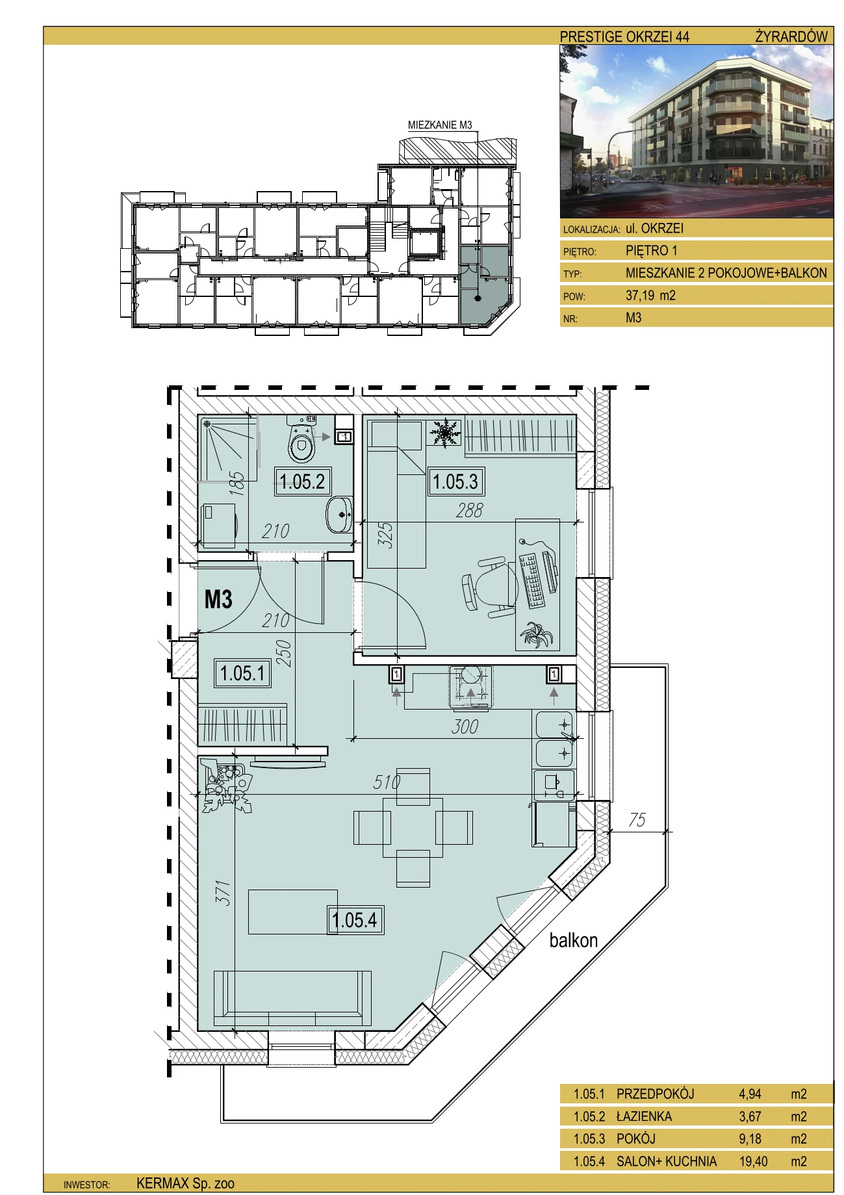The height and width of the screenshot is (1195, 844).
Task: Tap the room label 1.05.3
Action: [455, 482]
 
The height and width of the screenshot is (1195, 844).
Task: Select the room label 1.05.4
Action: [355, 920]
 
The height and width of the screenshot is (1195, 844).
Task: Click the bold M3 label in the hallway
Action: [218, 598]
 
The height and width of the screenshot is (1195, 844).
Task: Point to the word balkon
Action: [573, 940]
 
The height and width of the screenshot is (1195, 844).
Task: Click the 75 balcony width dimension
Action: [637, 819]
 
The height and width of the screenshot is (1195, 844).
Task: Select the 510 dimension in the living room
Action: [387, 782]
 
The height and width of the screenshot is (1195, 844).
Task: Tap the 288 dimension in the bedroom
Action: [469, 510]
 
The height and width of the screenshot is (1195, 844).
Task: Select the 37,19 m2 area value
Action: [650, 295]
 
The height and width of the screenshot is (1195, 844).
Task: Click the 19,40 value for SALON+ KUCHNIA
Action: [753, 1161]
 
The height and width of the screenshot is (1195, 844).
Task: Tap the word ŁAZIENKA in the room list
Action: [645, 1116]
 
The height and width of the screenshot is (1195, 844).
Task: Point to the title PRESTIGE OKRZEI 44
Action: [624, 36]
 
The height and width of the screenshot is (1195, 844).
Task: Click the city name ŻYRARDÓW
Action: [791, 36]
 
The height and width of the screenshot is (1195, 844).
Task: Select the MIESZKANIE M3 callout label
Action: [440, 125]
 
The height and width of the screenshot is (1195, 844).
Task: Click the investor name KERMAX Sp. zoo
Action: [185, 1183]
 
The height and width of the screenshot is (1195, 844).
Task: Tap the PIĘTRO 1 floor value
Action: [652, 250]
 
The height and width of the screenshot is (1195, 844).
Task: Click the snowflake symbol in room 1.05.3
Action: [444, 432]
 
